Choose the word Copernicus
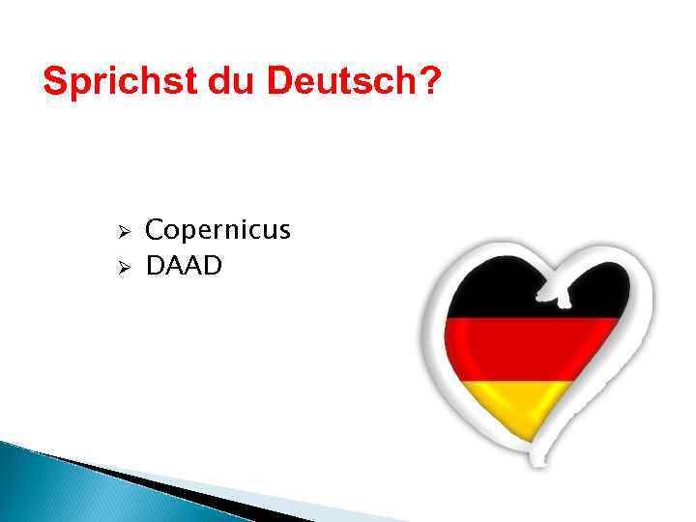pos(217,231)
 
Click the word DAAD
pos(184,265)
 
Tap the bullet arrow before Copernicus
pos(123,233)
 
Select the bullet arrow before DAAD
pos(123,267)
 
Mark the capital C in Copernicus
pos(155,231)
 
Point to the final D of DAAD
pos(213,265)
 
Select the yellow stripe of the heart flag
pos(522,406)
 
